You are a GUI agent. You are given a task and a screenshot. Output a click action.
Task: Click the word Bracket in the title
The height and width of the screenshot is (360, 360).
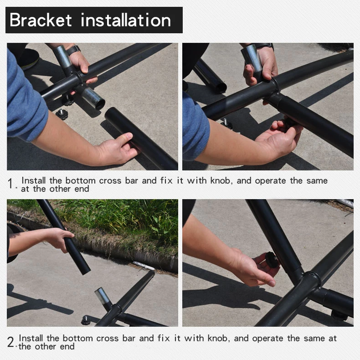tap(41, 20)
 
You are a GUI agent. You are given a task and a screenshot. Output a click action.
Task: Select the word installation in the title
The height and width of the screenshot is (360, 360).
tap(126, 20)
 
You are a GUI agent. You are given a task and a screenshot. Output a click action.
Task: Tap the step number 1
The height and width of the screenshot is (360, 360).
tap(10, 184)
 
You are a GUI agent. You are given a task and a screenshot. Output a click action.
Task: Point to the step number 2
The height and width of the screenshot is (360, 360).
tap(10, 342)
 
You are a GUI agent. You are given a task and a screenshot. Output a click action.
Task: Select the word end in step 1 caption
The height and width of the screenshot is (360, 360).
tap(82, 189)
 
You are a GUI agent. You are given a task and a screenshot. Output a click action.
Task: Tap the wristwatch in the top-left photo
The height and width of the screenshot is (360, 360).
tap(74, 49)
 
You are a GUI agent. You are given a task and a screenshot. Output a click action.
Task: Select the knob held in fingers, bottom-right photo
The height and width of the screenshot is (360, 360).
tap(272, 259)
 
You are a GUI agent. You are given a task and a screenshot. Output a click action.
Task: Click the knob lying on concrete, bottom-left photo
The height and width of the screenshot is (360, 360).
tap(86, 320)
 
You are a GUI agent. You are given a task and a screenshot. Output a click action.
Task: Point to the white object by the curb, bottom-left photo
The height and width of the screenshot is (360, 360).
tap(144, 265)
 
